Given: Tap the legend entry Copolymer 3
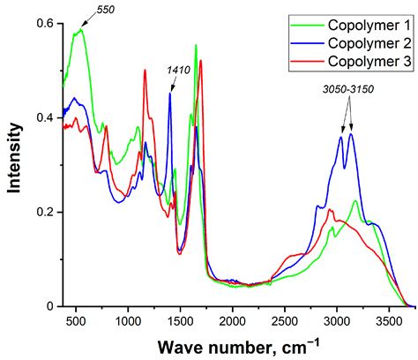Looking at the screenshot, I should [365, 60].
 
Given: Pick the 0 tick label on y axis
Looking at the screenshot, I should [50, 306].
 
